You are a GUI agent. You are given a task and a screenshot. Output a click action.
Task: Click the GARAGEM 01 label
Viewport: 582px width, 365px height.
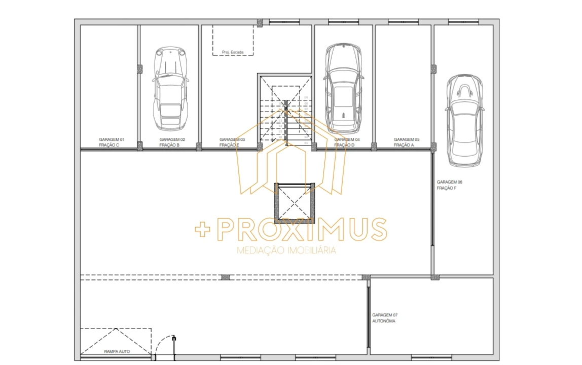tap(112, 139)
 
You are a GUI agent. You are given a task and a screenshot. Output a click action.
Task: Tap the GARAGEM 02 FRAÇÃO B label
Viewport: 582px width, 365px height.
tap(172, 142)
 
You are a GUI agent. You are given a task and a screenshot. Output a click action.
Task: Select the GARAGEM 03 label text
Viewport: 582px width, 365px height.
tap(232, 139)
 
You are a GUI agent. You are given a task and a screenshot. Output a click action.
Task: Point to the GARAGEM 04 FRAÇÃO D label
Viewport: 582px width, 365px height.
tap(347, 142)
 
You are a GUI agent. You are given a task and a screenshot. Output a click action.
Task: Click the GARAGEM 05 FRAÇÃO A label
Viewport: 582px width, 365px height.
tap(407, 142)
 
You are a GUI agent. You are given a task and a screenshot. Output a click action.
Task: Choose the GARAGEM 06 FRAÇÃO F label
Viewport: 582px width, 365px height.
tap(450, 185)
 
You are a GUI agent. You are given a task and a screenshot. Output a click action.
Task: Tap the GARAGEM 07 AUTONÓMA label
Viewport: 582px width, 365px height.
tap(385, 318)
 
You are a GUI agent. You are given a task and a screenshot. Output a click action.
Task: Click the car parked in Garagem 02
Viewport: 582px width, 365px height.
tap(170, 87)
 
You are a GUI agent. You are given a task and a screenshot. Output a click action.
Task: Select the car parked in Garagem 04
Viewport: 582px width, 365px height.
tap(344, 87)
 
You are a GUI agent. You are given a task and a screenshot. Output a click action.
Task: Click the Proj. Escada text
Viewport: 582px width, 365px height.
tap(233, 52)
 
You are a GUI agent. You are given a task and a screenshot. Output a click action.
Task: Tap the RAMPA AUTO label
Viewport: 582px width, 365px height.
tap(117, 351)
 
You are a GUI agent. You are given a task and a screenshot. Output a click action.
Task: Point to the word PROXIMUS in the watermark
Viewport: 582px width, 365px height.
tap(302, 230)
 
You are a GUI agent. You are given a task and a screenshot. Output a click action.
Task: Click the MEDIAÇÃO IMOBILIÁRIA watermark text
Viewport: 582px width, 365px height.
tap(286, 250)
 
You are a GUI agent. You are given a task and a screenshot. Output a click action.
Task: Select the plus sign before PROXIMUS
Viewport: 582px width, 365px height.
tap(203, 230)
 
